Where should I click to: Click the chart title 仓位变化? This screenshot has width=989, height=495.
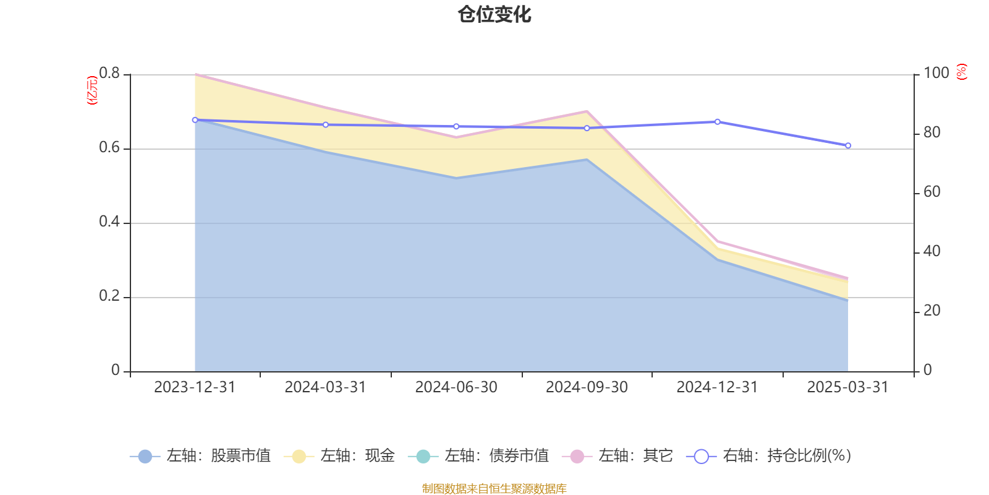click(x=494, y=14)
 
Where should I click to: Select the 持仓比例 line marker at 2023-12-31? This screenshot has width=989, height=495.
click(x=195, y=120)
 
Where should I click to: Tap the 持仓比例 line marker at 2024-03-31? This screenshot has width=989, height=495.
click(x=326, y=124)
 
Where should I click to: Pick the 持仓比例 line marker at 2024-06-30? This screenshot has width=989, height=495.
click(x=456, y=126)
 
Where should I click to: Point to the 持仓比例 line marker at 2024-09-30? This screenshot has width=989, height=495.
click(x=587, y=128)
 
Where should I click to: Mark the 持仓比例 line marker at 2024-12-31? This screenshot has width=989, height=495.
click(x=717, y=122)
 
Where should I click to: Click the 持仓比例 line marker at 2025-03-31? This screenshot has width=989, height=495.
click(x=848, y=145)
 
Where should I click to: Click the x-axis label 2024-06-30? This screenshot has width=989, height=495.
click(x=456, y=387)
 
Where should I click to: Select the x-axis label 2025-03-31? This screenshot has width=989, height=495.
click(x=847, y=387)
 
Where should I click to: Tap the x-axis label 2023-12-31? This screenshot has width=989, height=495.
click(x=195, y=387)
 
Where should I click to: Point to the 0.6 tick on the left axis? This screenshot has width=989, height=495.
click(x=109, y=148)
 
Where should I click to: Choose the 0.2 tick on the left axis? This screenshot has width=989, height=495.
click(x=109, y=296)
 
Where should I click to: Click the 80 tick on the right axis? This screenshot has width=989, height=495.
click(x=932, y=132)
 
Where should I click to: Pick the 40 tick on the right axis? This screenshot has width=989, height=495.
click(x=932, y=251)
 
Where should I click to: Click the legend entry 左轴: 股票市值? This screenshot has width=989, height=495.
click(x=201, y=456)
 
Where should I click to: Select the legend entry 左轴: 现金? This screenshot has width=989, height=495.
click(x=339, y=456)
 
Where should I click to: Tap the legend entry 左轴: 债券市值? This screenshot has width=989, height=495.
click(x=478, y=456)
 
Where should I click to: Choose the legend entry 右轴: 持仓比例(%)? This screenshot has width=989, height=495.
click(x=769, y=456)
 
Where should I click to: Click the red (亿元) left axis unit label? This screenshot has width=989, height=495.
click(x=93, y=90)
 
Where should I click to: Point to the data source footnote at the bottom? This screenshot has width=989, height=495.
click(x=494, y=489)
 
